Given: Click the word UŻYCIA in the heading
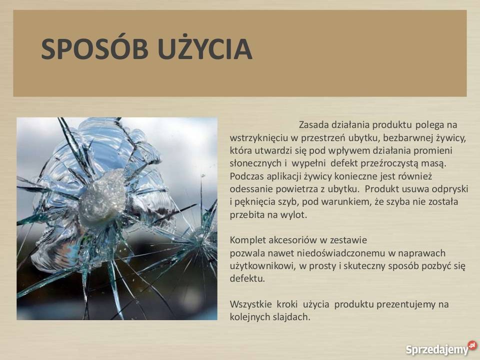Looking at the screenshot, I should point(205,49).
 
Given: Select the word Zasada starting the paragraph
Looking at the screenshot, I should point(313,124).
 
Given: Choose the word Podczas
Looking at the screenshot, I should point(246,176).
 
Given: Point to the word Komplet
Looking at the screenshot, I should point(247,240).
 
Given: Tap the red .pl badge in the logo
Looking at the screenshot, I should point(472,345).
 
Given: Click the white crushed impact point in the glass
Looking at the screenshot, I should point(102,197).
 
